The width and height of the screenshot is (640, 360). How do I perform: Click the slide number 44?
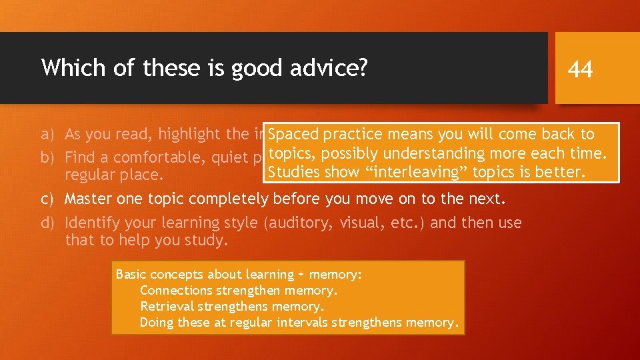pos(580,69)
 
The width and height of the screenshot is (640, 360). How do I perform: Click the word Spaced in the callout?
pos(293,134)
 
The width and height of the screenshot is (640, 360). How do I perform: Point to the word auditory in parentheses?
pos(296,223)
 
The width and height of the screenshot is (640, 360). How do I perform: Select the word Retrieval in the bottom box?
pos(166,306)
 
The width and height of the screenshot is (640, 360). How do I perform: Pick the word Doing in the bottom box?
pos(156,323)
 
